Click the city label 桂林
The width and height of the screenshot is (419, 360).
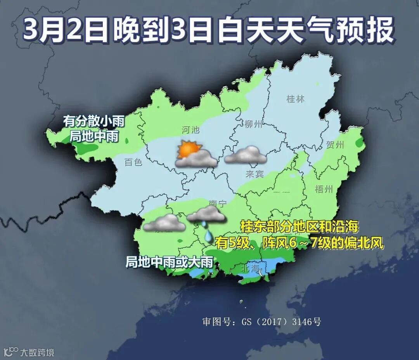pyautogui.click(x=295, y=99)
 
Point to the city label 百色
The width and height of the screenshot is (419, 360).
pyautogui.click(x=133, y=162)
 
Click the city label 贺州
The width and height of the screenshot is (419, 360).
pyautogui.click(x=335, y=146)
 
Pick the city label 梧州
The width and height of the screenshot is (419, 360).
pyautogui.click(x=324, y=189)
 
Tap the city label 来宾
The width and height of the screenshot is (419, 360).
pyautogui.click(x=255, y=174)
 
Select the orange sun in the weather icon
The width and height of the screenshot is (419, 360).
pyautogui.click(x=188, y=150)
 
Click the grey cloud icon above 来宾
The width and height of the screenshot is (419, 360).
pyautogui.click(x=246, y=155)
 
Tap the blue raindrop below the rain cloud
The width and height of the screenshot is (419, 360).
pyautogui.click(x=208, y=235)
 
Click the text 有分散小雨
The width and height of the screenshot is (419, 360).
pyautogui.click(x=94, y=122)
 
